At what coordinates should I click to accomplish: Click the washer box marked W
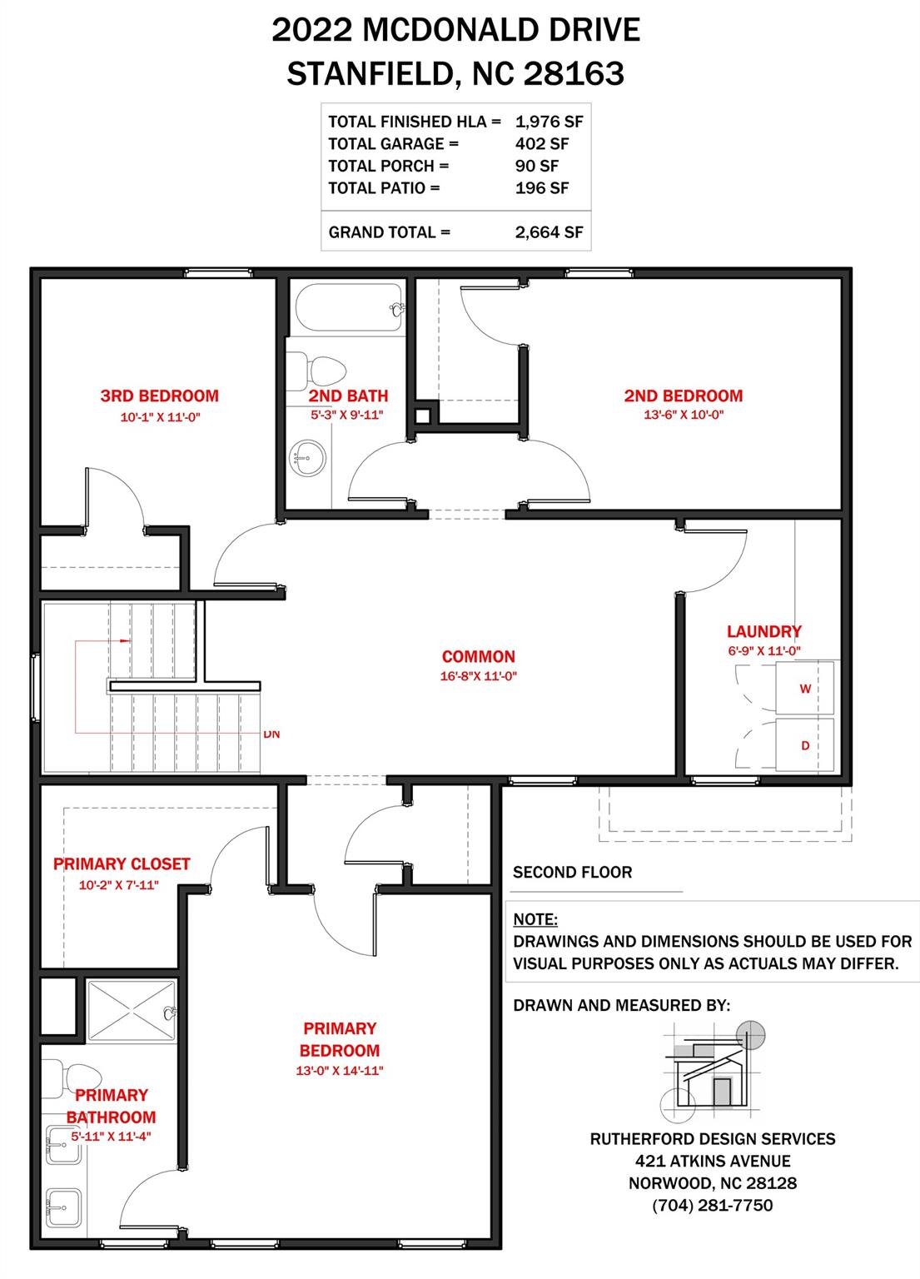tap(804, 688)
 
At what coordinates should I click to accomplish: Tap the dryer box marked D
tap(804, 744)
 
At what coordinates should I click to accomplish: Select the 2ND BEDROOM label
tap(683, 396)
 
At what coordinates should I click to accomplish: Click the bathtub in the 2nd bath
tap(350, 308)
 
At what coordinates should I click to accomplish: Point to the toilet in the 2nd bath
tap(316, 371)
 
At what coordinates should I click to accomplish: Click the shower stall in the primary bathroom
tap(131, 1011)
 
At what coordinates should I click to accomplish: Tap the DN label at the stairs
tap(271, 734)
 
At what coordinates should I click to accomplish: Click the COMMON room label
tap(479, 657)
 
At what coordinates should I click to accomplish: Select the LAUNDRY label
tap(764, 631)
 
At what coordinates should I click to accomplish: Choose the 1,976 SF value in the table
tap(550, 122)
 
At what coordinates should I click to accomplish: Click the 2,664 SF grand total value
tap(550, 232)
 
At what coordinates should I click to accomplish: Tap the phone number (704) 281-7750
tap(713, 1206)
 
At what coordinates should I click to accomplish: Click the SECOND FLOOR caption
tap(572, 873)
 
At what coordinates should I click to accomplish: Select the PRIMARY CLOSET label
tap(122, 863)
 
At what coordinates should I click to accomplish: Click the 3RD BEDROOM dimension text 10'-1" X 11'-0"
tap(160, 417)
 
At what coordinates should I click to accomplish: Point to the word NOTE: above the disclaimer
tap(535, 920)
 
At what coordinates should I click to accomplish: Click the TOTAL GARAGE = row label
tap(394, 144)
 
